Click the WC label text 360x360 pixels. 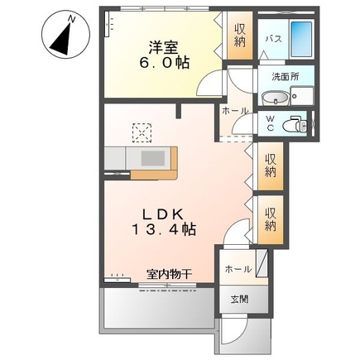pyautogui.click(x=270, y=125)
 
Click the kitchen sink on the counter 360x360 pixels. pyautogui.click(x=152, y=157)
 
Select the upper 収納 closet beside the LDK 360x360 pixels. pyautogui.click(x=270, y=165)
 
